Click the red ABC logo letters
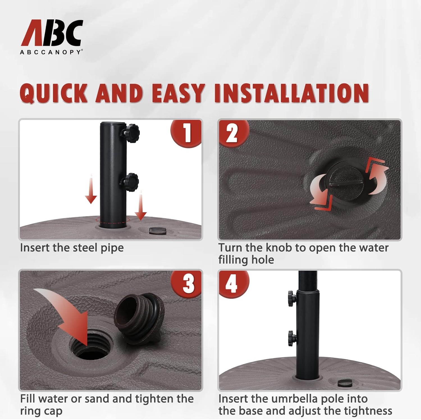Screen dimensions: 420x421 [x=52, y=33]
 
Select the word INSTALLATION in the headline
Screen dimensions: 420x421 [x=291, y=93]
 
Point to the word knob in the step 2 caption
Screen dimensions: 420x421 [x=279, y=248]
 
